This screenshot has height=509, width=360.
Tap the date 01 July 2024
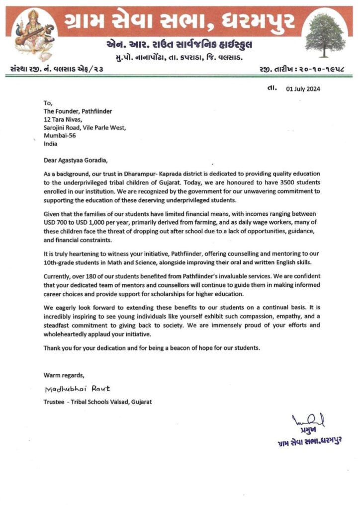[303, 89]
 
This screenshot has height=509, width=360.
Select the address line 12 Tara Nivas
[64, 119]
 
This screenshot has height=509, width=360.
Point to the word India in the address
[50, 143]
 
